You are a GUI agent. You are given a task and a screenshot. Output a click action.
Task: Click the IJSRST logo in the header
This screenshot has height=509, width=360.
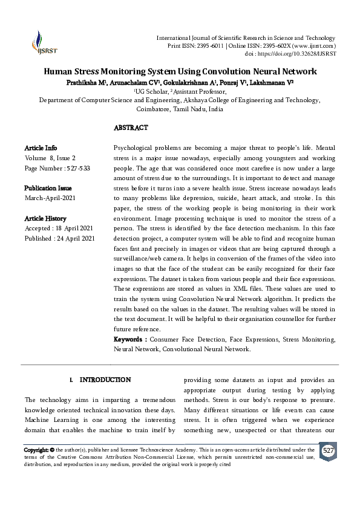[41, 42]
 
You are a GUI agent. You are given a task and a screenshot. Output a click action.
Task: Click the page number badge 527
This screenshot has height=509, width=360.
[327, 452]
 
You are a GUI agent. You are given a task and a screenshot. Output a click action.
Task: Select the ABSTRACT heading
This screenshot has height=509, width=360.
[131, 128]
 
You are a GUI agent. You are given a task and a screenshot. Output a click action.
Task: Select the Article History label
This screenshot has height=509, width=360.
[45, 218]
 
